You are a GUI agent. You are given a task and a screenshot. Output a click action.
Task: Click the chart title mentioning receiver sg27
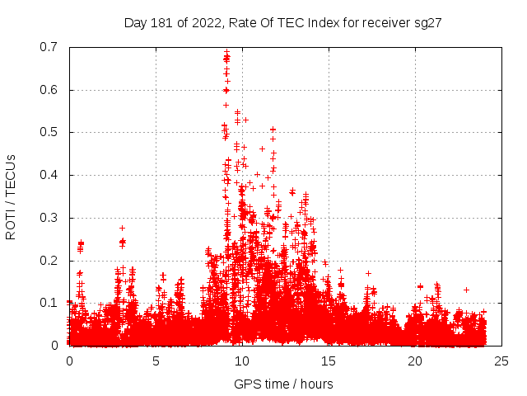pos(283,22)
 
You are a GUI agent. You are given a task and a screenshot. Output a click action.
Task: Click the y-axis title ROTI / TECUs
pos(11,196)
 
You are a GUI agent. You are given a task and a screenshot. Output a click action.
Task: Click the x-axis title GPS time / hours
pos(283,384)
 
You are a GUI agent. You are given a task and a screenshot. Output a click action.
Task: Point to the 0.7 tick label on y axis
pos(48,47)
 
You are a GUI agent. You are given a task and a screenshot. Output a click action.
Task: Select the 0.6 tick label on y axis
pos(48,90)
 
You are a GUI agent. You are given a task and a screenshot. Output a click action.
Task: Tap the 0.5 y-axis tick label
pos(48,132)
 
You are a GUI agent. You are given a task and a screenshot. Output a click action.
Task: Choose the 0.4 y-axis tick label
pos(48,175)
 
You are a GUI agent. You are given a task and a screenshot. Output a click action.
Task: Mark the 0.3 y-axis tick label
pos(48,218)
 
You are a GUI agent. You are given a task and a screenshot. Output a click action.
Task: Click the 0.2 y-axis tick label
pos(48,261)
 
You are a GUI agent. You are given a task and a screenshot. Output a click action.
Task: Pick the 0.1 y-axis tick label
pos(48,303)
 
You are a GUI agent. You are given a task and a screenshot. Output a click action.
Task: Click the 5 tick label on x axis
pos(156,361)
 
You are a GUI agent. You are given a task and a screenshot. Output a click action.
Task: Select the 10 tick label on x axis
pos(242,361)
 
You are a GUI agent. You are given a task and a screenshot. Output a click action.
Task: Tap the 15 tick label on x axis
pos(329,361)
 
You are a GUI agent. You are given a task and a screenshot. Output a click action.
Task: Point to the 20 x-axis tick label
pos(415,361)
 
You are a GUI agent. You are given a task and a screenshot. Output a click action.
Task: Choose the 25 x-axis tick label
pos(501,361)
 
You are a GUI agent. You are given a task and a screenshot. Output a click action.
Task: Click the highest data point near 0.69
pos(226,52)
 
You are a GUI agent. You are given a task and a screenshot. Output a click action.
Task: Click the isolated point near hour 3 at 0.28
pos(122,228)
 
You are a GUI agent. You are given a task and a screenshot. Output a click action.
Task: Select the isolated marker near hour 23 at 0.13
pos(466,290)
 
